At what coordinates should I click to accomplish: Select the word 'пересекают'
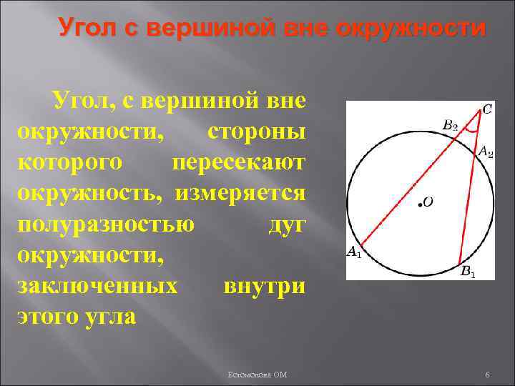click(x=239, y=164)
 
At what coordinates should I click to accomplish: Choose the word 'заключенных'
click(x=97, y=286)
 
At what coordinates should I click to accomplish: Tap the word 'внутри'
click(x=264, y=286)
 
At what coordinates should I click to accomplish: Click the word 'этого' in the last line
click(x=49, y=316)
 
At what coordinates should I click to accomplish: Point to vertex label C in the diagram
click(x=486, y=109)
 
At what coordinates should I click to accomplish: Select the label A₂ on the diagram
click(x=485, y=152)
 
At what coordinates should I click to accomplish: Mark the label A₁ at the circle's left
click(x=354, y=251)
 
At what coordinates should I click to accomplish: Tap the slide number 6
click(x=486, y=375)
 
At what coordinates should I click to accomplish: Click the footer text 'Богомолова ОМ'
click(x=257, y=375)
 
